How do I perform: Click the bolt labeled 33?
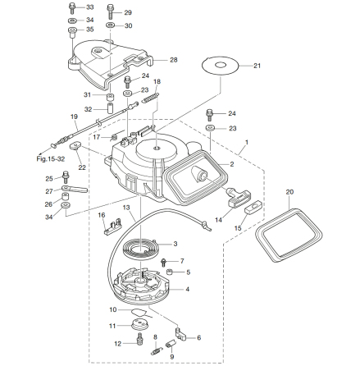pos(72,7)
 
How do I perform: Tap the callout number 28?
pos(174,60)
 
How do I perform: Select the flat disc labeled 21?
pos(220,66)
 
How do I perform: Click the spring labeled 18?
pos(151,98)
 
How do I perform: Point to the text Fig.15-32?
pos(51,159)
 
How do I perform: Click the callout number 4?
pos(187,289)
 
